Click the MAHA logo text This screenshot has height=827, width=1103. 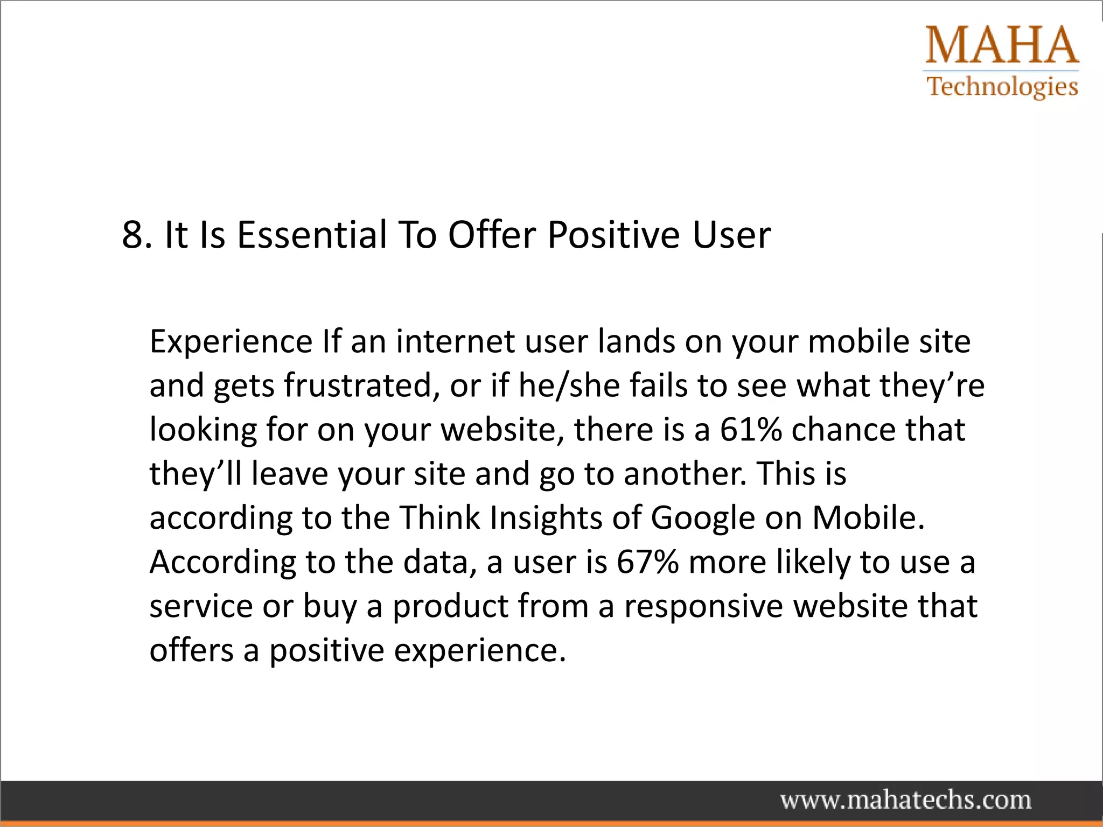pos(1002,45)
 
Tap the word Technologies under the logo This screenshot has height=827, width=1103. pos(1002,87)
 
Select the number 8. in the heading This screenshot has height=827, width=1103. pos(137,235)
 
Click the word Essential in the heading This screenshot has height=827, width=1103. pos(312,235)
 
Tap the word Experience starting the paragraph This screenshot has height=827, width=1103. pos(231,342)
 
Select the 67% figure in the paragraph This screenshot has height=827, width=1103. pos(647,562)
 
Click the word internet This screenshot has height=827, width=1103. pos(456,341)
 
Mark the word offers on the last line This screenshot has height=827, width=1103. pos(192,650)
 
